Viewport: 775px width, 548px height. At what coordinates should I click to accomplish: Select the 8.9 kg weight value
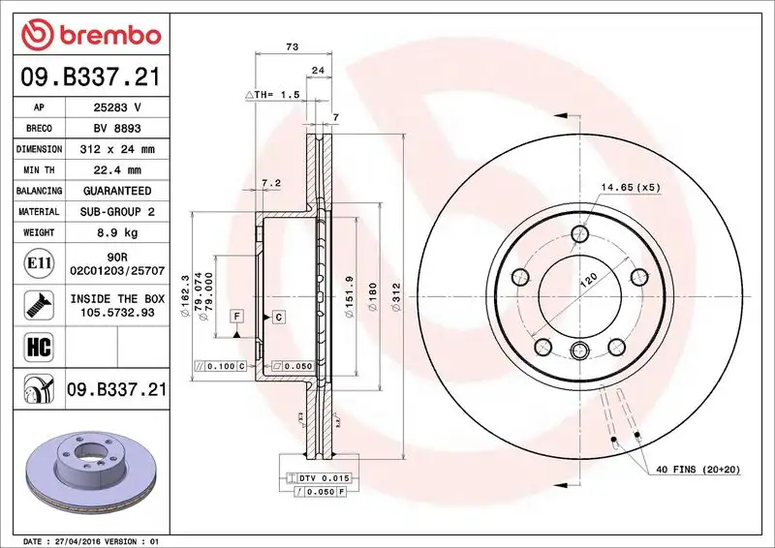coord(116,233)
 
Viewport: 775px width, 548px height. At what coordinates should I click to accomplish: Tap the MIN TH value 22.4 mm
coord(116,170)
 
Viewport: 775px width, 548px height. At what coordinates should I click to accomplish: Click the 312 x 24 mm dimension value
coord(116,149)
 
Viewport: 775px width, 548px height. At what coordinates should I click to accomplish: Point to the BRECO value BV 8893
coord(116,129)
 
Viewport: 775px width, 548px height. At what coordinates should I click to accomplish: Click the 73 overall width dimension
coord(291,46)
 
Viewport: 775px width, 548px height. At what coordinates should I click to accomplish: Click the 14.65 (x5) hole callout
coord(630,188)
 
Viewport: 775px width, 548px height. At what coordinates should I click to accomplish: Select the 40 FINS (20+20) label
coord(697,469)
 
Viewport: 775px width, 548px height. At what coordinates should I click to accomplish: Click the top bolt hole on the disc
coord(579,232)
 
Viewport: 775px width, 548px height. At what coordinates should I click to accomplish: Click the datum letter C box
coord(277,317)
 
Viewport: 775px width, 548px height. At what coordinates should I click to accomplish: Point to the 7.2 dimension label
coord(271,182)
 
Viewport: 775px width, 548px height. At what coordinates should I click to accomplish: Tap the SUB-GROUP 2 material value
coord(116,212)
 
